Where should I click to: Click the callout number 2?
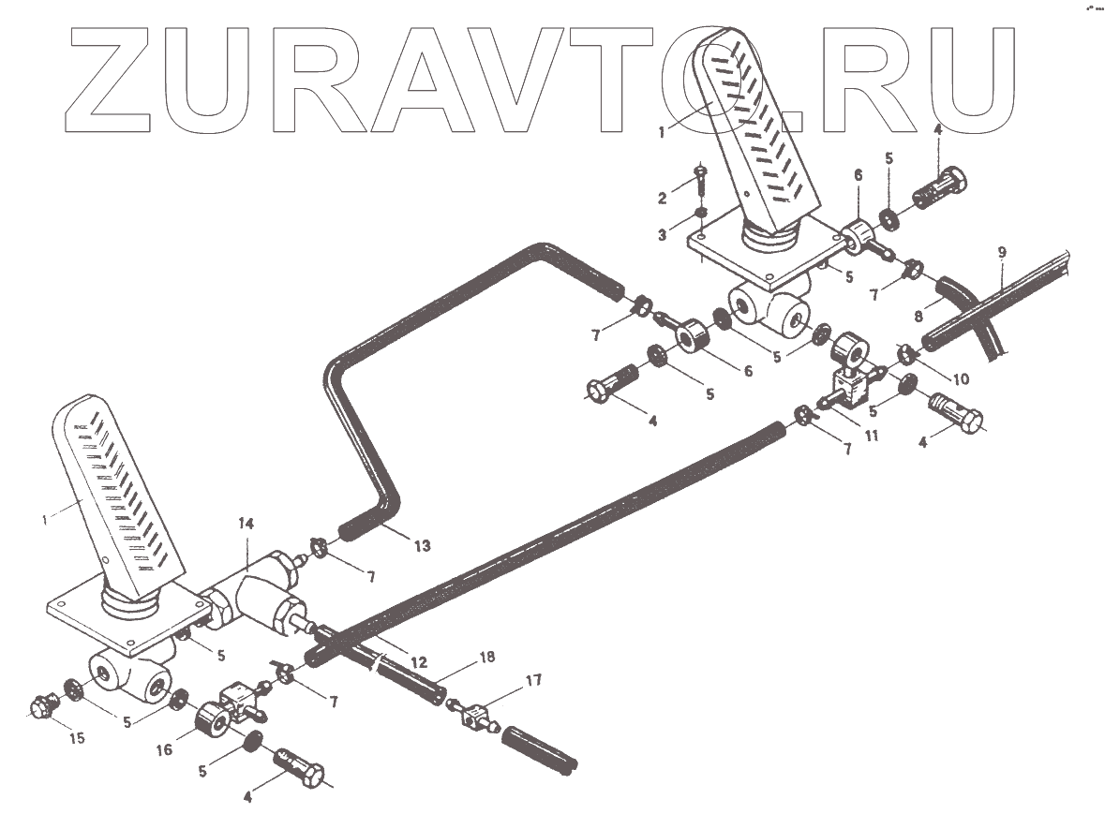pos(663,198)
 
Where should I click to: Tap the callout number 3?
pos(663,235)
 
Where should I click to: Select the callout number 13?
pos(423,546)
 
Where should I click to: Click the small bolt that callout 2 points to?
pos(700,178)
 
